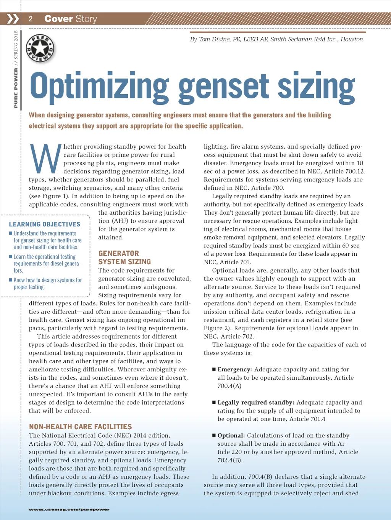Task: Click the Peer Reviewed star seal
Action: click(x=40, y=48)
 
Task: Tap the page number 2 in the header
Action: click(x=31, y=19)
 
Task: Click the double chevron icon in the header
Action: click(x=13, y=19)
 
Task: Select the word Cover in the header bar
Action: click(x=58, y=19)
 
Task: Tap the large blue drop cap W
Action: click(x=45, y=159)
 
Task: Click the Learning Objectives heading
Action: click(x=45, y=224)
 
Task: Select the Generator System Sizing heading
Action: click(x=124, y=257)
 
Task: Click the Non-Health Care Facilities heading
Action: click(x=81, y=427)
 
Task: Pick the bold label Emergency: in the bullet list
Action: click(x=234, y=369)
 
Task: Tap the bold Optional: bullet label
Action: click(x=231, y=435)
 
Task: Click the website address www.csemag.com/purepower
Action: click(x=69, y=509)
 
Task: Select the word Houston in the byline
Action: click(x=352, y=39)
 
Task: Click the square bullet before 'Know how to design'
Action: click(x=11, y=280)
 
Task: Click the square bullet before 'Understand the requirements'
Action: click(x=11, y=233)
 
